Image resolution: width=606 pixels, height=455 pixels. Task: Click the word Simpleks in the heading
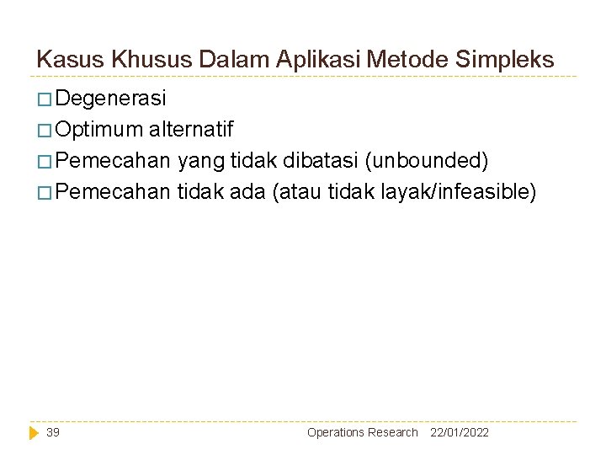tap(506, 60)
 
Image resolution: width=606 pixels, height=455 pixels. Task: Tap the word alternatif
tap(191, 131)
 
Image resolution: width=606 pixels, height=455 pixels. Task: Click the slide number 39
tap(53, 432)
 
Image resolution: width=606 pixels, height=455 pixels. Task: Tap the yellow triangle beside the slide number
tap(35, 432)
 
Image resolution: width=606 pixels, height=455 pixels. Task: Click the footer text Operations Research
tap(362, 432)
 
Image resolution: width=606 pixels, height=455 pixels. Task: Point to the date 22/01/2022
tap(459, 432)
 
